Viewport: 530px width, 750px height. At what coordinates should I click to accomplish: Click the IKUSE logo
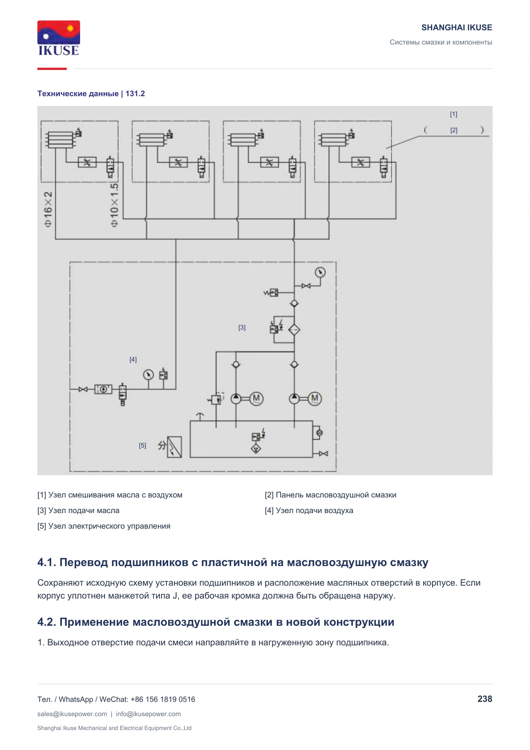pyautogui.click(x=59, y=38)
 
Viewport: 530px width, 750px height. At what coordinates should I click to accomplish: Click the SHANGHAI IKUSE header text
pyautogui.click(x=457, y=28)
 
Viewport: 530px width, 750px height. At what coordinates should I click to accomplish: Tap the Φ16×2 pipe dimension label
pyautogui.click(x=48, y=209)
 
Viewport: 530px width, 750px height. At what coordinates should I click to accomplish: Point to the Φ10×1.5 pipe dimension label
pyautogui.click(x=114, y=205)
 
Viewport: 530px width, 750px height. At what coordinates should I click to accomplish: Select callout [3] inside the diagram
pyautogui.click(x=242, y=327)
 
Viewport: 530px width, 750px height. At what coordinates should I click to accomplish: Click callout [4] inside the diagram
pyautogui.click(x=133, y=359)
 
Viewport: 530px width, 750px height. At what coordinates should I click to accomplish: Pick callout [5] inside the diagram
pyautogui.click(x=142, y=446)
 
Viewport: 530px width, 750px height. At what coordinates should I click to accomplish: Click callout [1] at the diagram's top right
pyautogui.click(x=453, y=114)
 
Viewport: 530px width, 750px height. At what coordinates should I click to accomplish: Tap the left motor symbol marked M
pyautogui.click(x=256, y=399)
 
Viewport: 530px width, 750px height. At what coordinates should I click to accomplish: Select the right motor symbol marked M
pyautogui.click(x=315, y=399)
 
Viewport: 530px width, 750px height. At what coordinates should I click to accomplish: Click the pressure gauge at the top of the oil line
pyautogui.click(x=320, y=272)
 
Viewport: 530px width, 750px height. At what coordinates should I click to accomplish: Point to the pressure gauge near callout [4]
pyautogui.click(x=148, y=375)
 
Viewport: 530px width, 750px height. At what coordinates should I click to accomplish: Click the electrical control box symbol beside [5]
pyautogui.click(x=174, y=447)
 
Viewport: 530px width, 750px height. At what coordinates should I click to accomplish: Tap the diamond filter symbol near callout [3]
pyautogui.click(x=294, y=330)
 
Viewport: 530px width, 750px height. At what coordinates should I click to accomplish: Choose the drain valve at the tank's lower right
pyautogui.click(x=323, y=454)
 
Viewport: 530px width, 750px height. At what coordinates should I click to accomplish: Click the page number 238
pyautogui.click(x=485, y=699)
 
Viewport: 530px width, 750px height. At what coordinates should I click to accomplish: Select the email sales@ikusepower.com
pyautogui.click(x=72, y=714)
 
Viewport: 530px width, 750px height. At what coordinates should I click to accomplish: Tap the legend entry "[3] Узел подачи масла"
pyautogui.click(x=78, y=510)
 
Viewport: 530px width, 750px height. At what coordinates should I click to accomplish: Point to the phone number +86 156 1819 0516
pyautogui.click(x=162, y=699)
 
